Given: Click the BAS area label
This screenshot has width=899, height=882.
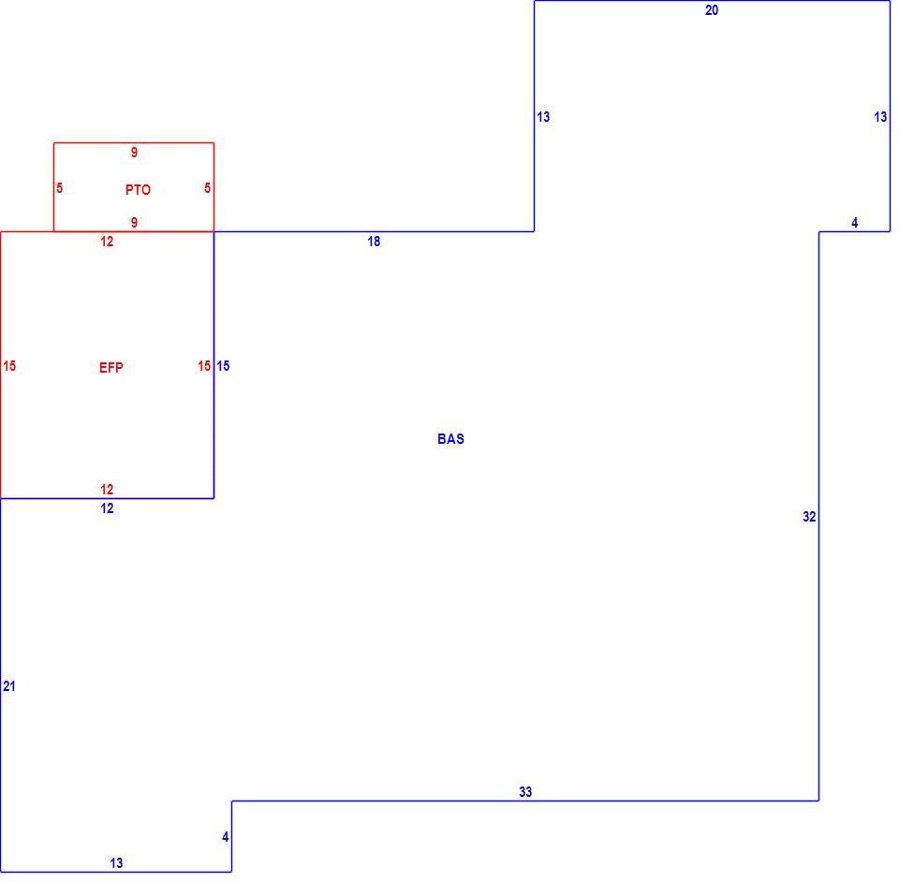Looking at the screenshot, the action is pos(450,439).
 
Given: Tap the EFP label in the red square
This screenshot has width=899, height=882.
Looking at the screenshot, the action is pos(111,367).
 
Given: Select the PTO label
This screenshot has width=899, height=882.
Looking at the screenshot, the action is pos(139,190).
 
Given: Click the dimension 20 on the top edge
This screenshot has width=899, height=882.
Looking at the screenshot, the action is pos(712,10).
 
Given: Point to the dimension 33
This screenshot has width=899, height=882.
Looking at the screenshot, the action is pos(525,792).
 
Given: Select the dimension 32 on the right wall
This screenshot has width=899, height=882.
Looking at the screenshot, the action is pos(809,517).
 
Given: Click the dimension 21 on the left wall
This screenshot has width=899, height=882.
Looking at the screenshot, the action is pos(9,686).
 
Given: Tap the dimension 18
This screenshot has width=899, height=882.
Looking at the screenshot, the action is pos(374,242).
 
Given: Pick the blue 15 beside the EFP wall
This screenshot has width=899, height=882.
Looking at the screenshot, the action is pos(223,366).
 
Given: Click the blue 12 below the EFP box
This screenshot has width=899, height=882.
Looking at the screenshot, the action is pos(107,508).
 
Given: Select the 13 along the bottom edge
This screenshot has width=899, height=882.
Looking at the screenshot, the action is pos(116,863).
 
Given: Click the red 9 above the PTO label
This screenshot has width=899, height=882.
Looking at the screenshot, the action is pos(134,153).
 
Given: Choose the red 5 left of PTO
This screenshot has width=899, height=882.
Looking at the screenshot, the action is pos(60,188).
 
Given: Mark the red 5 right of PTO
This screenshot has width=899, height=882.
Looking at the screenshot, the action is pos(208,188).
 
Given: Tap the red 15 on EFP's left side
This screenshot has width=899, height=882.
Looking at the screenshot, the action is pos(9,366).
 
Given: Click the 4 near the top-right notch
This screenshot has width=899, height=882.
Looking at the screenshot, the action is pos(855,223).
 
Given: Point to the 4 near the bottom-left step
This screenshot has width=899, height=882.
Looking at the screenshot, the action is pos(226,837).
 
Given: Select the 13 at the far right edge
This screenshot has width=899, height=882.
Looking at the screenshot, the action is pos(880,117).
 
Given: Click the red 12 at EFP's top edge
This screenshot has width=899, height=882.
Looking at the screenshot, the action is pos(107,242).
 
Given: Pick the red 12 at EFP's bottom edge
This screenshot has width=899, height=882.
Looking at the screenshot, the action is pos(107,490).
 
